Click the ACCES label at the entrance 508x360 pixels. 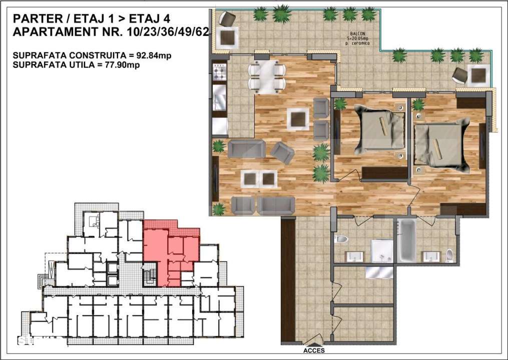[x=314, y=351]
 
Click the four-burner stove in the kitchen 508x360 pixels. [x=220, y=72]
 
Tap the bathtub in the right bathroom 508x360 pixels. [x=406, y=240]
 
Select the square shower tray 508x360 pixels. [x=382, y=250]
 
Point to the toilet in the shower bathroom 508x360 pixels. [x=342, y=238]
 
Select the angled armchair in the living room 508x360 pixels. [x=283, y=152]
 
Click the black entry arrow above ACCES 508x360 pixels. [x=314, y=344]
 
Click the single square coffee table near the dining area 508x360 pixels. [x=299, y=119]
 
